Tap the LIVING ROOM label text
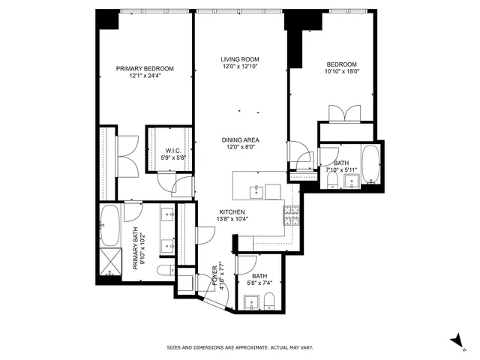point(239,59)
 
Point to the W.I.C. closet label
point(175,151)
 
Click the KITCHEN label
point(232,212)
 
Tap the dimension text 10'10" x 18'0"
point(341,73)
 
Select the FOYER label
point(214,270)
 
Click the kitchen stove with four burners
point(290,214)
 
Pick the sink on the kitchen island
point(257,190)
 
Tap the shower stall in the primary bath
point(110,265)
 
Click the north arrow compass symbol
point(457,341)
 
